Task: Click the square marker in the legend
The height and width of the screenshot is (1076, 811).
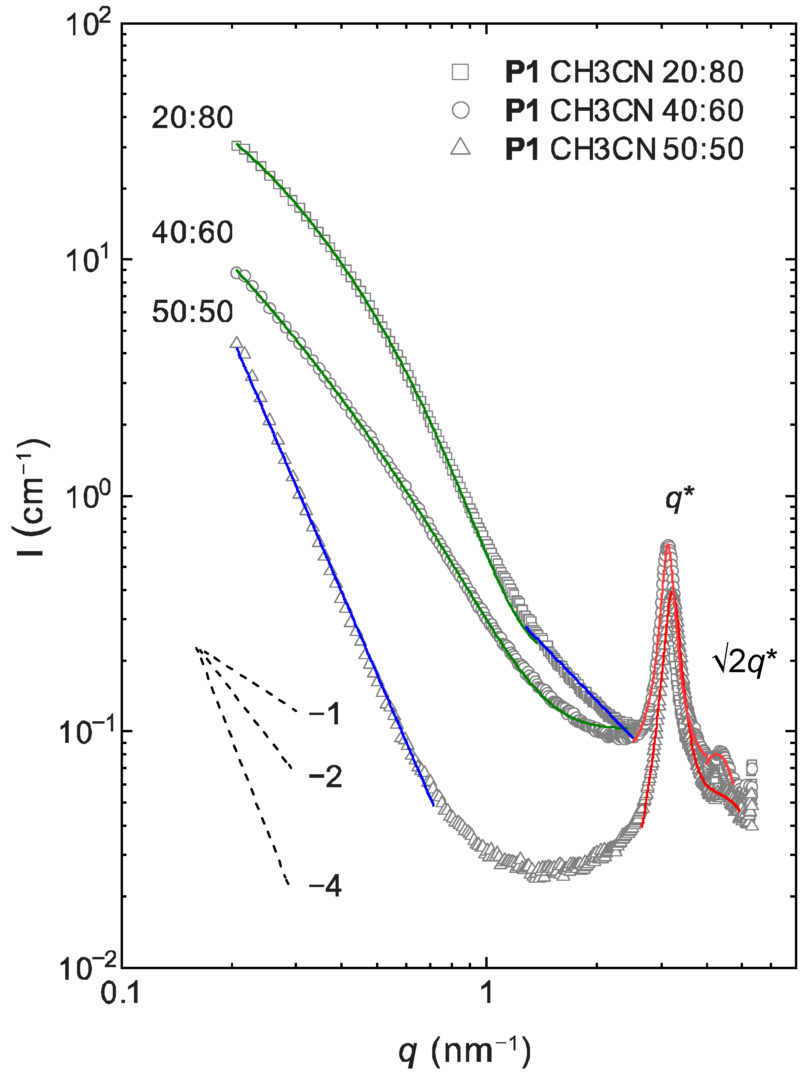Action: [x=460, y=72]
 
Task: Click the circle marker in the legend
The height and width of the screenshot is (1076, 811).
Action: [x=460, y=110]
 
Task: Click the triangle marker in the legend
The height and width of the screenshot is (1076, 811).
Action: [x=460, y=147]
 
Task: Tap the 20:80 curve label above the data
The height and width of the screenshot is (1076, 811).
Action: [x=192, y=118]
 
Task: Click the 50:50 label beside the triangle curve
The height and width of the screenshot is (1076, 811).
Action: [x=192, y=312]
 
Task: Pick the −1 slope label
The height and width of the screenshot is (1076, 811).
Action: [x=325, y=715]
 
